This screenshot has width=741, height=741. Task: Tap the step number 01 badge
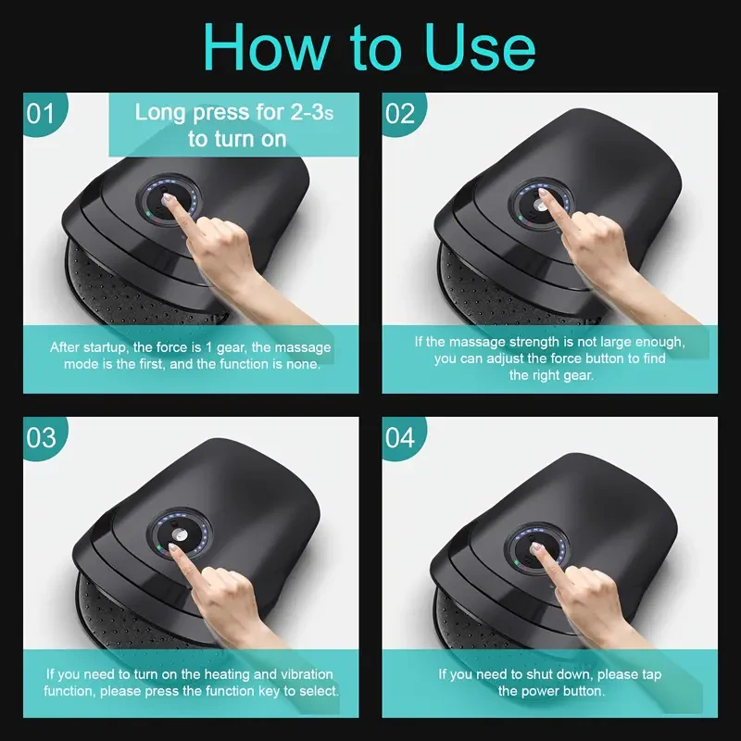click(40, 114)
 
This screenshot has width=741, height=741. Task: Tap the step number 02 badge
click(400, 114)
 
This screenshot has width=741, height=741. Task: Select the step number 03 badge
click(40, 436)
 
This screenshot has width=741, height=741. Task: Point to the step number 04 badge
click(400, 436)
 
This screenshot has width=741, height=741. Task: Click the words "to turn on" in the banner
click(237, 140)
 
